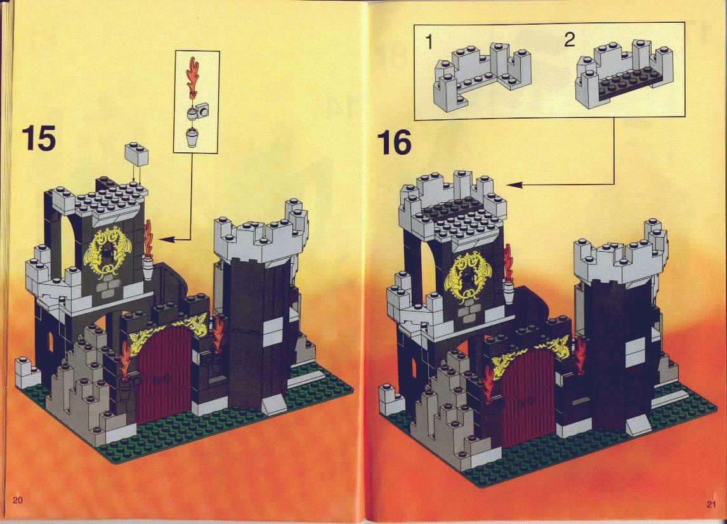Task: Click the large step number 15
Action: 39,138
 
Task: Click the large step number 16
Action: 394,142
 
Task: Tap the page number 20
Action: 18,500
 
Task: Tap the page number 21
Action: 712,504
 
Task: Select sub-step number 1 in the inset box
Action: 429,42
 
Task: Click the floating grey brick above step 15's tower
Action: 136,154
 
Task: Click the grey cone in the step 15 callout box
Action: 192,138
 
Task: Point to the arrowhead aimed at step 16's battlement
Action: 514,185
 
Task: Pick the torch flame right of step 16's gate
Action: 580,355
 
